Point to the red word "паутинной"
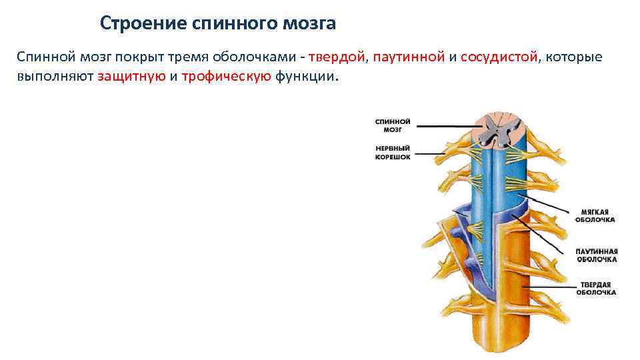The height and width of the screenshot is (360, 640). pos(409,57)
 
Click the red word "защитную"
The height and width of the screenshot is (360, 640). pos(131,76)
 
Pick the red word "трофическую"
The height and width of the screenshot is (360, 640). pos(226,76)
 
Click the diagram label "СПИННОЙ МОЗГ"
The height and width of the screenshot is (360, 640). pos(393,125)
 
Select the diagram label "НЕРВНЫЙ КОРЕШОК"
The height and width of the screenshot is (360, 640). pos(393,153)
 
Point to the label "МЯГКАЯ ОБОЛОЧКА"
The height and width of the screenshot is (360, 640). pos(595,215)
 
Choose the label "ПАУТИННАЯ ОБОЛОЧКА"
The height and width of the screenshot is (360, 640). pos(596,255)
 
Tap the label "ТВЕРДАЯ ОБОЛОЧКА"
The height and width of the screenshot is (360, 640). pos(595,288)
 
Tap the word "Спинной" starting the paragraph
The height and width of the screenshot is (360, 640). pos(41,57)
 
